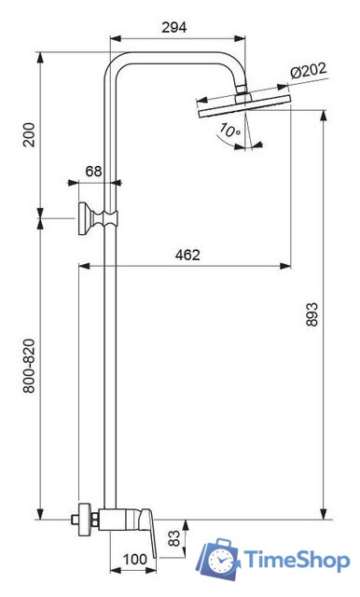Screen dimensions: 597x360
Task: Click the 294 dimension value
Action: [173, 27]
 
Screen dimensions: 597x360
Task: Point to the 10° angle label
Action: [230, 132]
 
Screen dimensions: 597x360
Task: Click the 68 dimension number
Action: [94, 171]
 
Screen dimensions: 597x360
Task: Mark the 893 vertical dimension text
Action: [338, 317]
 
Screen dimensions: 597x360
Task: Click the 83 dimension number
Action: [174, 538]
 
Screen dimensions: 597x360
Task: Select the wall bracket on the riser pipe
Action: [95, 220]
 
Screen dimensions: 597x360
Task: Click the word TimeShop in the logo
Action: [297, 559]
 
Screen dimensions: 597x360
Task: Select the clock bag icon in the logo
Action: [220, 558]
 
